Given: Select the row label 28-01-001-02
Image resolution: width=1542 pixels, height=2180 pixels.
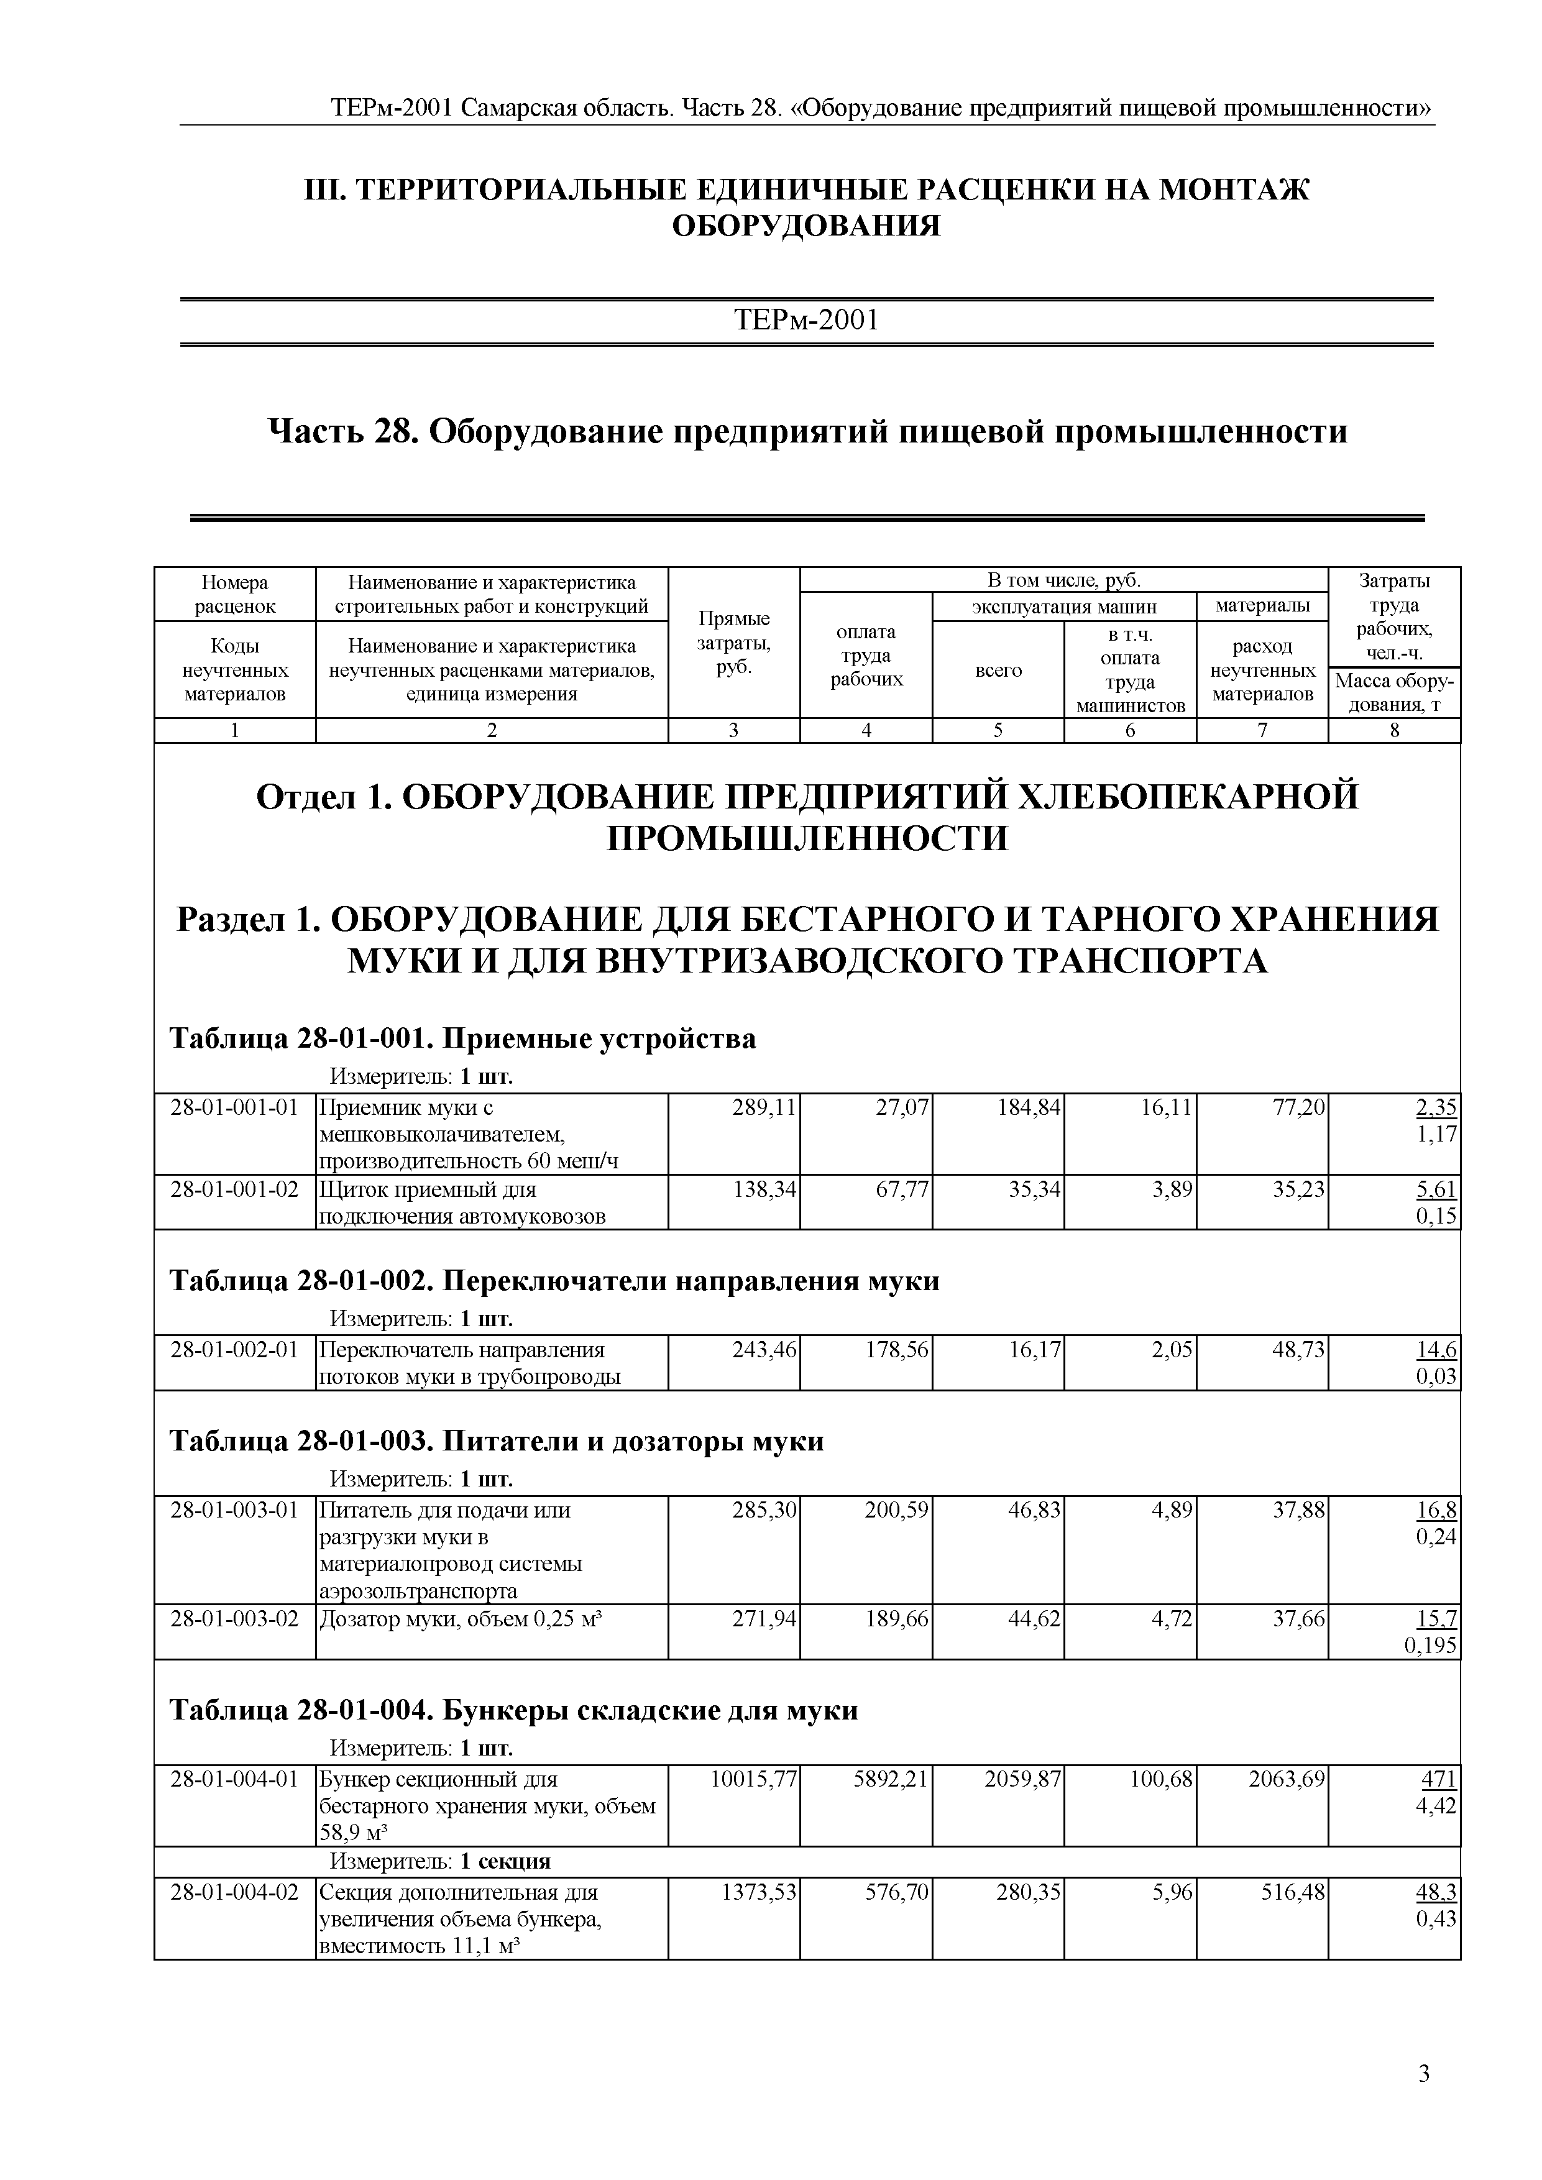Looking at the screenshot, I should (x=234, y=1189).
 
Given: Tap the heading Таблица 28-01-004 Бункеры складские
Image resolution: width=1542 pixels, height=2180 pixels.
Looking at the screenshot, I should (x=513, y=1710).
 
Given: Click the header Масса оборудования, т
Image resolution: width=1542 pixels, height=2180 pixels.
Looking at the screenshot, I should (x=1394, y=692).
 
